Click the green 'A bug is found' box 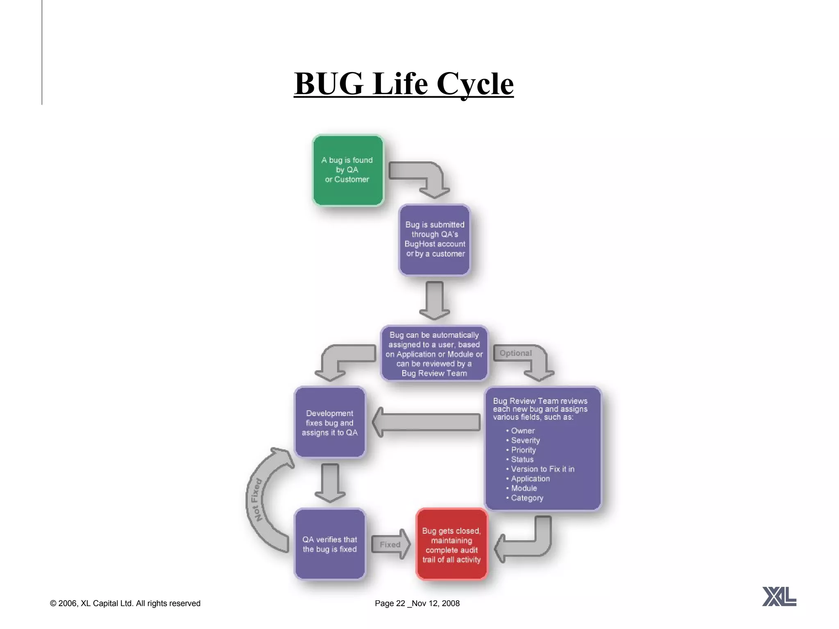tap(348, 170)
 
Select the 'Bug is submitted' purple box tap(435, 240)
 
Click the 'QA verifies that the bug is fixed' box tap(330, 544)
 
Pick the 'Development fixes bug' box tap(330, 423)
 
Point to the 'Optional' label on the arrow tap(515, 353)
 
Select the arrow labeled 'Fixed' tap(390, 544)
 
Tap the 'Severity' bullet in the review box tap(525, 440)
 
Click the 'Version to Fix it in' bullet tap(542, 469)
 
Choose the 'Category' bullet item tap(527, 498)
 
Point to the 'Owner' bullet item tap(523, 431)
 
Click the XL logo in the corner tap(779, 596)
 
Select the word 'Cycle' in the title tap(475, 84)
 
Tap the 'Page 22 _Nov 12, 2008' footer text tap(417, 603)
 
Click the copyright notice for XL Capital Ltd tap(125, 603)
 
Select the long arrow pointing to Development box tap(426, 422)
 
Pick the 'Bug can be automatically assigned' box tap(434, 354)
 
